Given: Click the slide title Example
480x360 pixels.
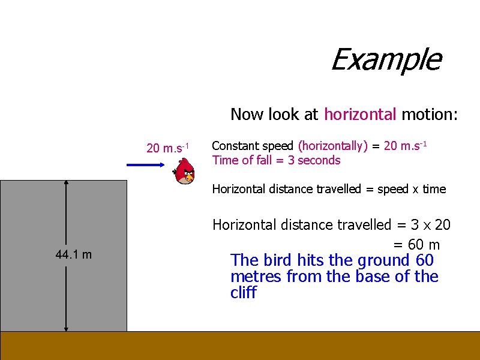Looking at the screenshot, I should click(x=385, y=59).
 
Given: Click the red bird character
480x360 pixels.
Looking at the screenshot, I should click(x=185, y=172).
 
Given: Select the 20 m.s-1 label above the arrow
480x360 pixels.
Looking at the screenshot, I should click(x=168, y=148).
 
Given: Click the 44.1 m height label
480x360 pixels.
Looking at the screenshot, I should click(x=73, y=254).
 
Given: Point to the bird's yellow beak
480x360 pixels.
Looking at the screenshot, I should click(x=189, y=178).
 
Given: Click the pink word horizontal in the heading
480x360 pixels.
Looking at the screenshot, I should click(x=360, y=114).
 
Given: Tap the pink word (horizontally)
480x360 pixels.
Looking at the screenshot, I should click(x=332, y=146).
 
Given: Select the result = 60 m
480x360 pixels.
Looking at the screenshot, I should click(x=416, y=245).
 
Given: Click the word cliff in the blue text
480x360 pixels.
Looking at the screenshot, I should click(x=243, y=293).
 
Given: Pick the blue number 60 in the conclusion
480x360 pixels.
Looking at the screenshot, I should click(x=424, y=260).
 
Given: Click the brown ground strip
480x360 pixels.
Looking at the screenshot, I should click(x=240, y=346).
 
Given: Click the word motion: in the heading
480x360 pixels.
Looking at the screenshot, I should click(x=430, y=114).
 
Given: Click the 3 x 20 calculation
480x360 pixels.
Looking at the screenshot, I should click(x=430, y=225).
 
